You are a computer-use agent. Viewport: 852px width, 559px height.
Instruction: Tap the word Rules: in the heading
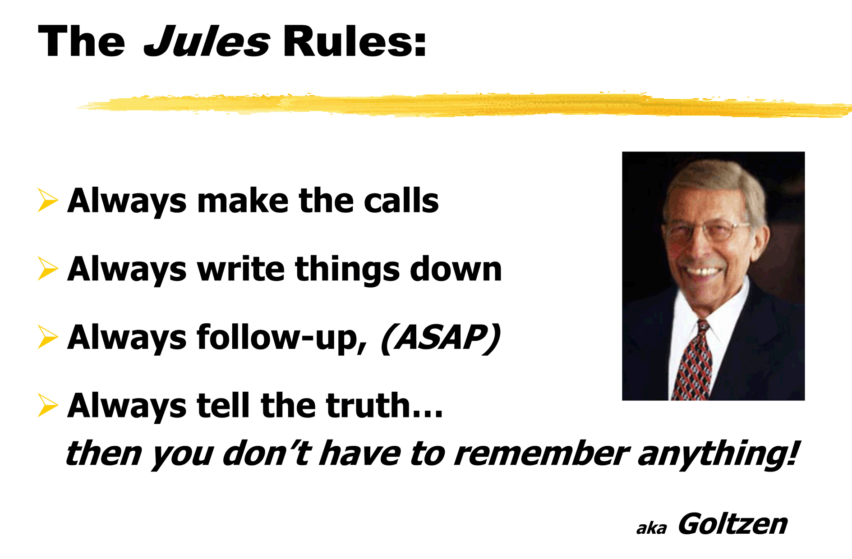click(355, 41)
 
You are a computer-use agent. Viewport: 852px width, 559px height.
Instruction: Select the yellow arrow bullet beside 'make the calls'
click(48, 200)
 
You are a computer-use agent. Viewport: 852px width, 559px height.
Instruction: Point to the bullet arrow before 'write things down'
click(48, 269)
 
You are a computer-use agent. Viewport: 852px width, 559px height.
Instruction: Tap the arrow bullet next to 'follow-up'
click(48, 337)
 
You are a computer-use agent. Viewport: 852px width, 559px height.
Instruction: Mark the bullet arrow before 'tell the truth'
click(48, 405)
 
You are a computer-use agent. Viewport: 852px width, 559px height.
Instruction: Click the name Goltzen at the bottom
click(732, 524)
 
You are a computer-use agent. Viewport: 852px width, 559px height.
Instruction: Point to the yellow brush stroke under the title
click(465, 105)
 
